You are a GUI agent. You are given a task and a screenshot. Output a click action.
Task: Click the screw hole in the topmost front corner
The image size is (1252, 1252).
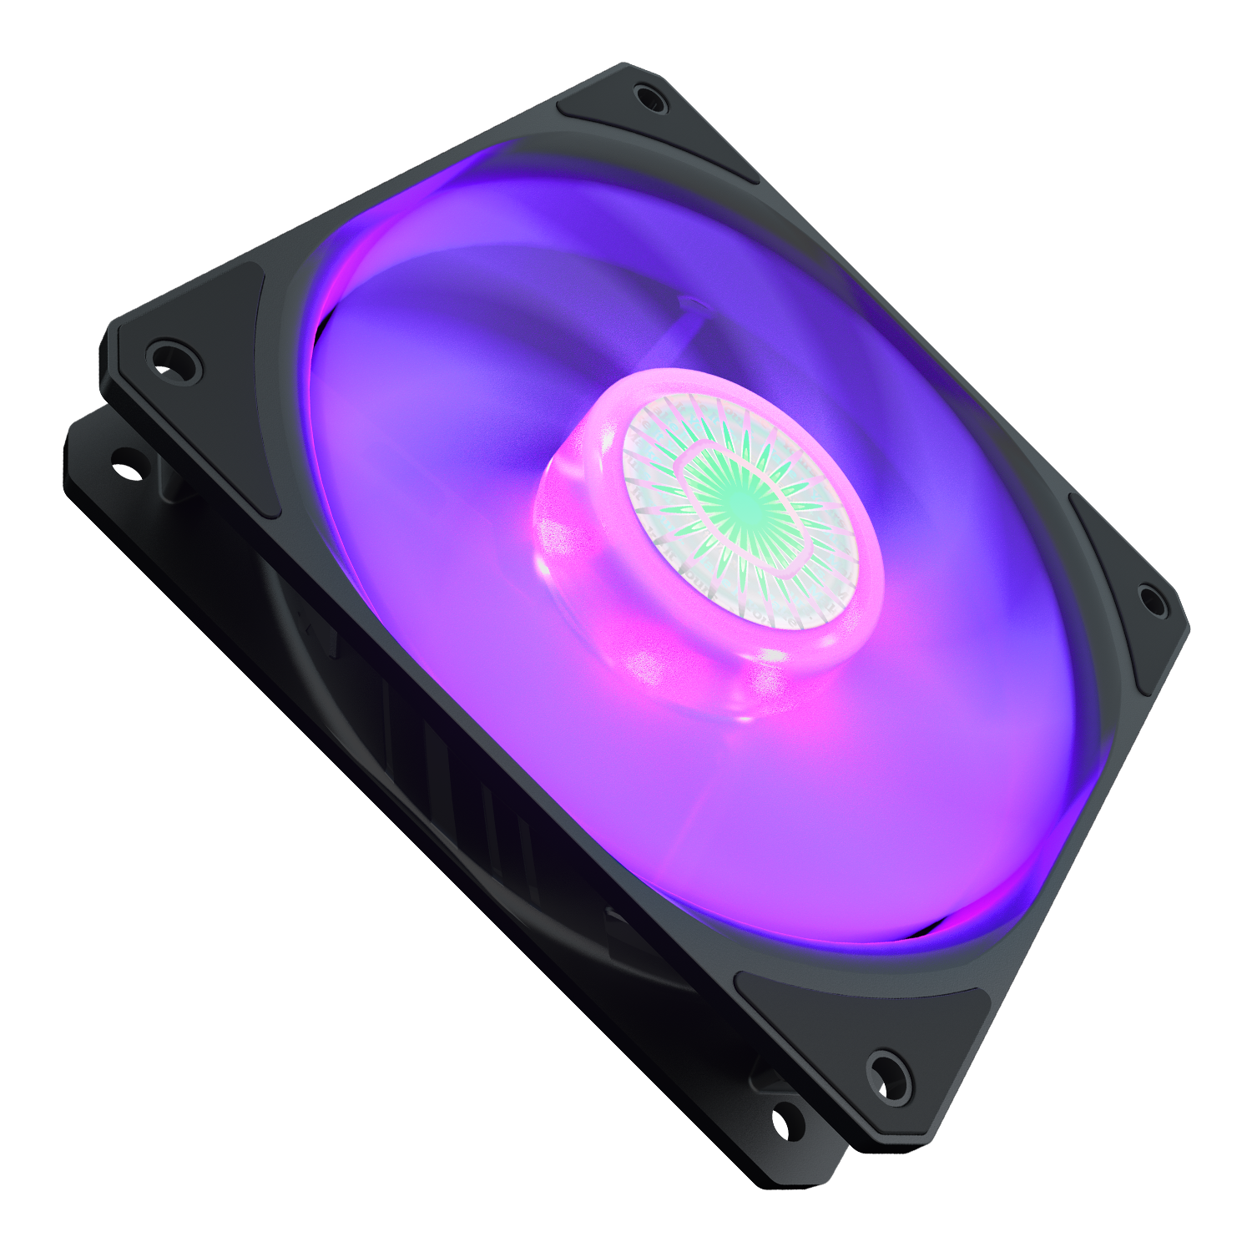(x=650, y=98)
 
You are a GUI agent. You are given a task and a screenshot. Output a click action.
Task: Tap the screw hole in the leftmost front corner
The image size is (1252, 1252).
(x=173, y=357)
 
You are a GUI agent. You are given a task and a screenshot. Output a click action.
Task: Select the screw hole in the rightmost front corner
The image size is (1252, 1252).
(x=1151, y=598)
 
